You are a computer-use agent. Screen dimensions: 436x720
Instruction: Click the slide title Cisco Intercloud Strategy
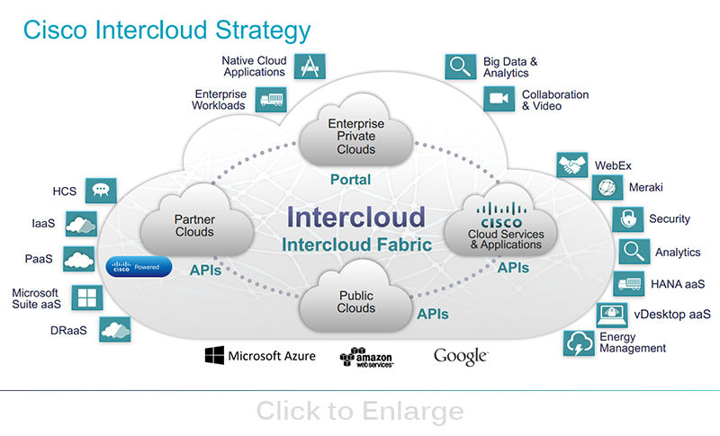(x=166, y=30)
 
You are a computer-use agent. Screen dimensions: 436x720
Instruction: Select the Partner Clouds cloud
(x=193, y=225)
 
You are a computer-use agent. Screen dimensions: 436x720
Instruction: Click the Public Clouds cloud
(x=355, y=302)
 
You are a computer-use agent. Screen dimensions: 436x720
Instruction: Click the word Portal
(x=350, y=180)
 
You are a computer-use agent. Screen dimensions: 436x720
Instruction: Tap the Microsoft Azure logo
(x=260, y=356)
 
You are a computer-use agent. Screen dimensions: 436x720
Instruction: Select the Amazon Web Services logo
(x=366, y=358)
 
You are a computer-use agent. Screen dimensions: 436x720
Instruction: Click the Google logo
(x=460, y=356)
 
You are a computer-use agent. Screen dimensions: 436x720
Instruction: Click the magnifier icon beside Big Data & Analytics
(x=460, y=67)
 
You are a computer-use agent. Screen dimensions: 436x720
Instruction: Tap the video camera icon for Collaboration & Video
(x=498, y=100)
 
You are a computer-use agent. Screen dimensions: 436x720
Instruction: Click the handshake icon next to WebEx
(x=571, y=166)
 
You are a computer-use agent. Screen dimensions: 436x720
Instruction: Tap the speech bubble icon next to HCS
(x=101, y=191)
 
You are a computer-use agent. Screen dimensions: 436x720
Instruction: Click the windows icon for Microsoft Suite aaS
(x=86, y=298)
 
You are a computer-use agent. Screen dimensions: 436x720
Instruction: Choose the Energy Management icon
(x=577, y=343)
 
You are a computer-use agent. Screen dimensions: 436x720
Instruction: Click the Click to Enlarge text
(x=360, y=411)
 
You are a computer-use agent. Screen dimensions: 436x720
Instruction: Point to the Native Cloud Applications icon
(x=310, y=66)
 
